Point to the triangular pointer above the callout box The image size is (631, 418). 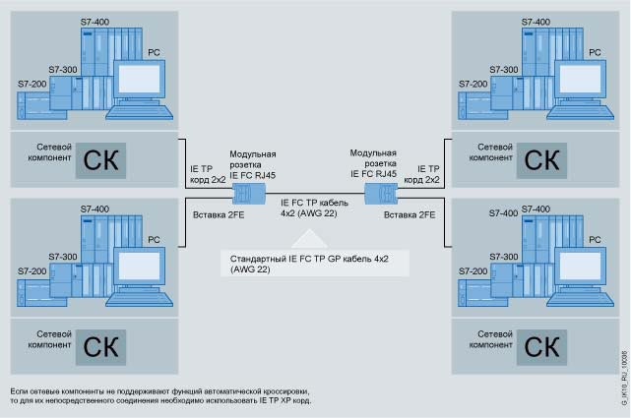tap(314, 236)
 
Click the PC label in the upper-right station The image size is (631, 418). tap(594, 50)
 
